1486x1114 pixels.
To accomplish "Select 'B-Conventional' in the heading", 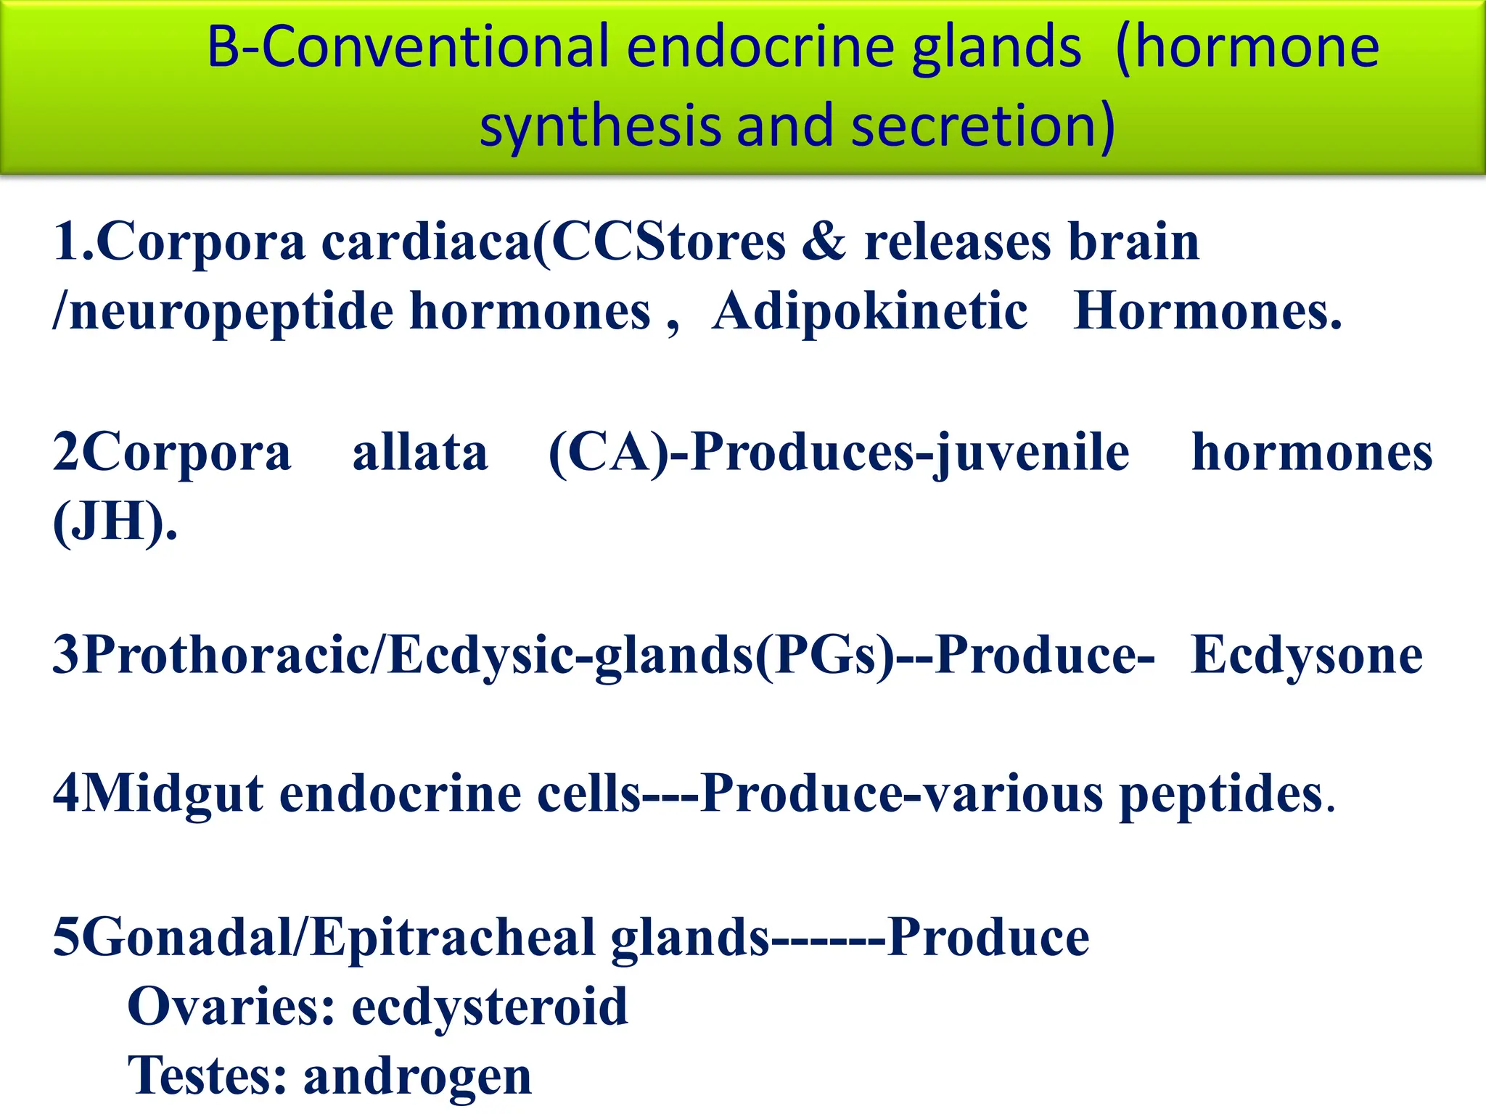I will click(x=407, y=47).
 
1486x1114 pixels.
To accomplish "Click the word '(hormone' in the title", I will click(x=1247, y=47).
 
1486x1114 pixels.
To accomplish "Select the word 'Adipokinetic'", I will click(x=869, y=311).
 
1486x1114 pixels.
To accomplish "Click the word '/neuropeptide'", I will click(x=222, y=311).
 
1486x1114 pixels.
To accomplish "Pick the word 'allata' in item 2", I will click(x=420, y=453).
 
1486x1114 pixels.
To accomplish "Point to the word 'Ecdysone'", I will click(x=1307, y=655).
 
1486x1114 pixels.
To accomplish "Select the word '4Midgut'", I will click(x=157, y=793).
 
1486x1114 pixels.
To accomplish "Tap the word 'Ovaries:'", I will click(x=231, y=1007).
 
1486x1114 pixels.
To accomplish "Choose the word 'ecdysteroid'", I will click(x=490, y=1007).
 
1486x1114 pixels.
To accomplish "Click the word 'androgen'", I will click(x=417, y=1076).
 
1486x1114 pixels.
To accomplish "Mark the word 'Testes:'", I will click(x=208, y=1076).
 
